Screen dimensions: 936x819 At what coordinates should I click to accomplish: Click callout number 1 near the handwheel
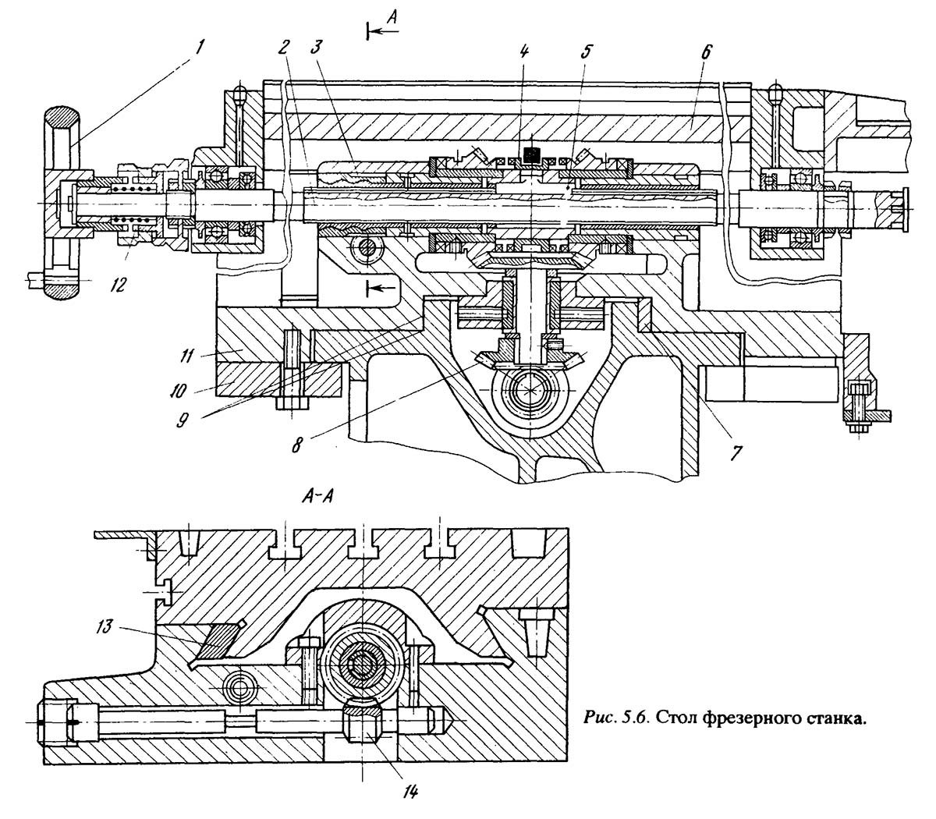tap(200, 48)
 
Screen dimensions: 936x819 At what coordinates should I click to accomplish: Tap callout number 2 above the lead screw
tap(284, 48)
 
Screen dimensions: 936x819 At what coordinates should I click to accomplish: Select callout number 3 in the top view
tap(316, 48)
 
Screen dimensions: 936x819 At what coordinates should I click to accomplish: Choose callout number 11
tap(186, 356)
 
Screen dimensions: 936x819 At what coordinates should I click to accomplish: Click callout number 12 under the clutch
tap(117, 285)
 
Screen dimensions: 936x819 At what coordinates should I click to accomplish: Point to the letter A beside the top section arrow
tap(392, 18)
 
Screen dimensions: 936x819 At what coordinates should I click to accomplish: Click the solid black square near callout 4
tap(530, 155)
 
